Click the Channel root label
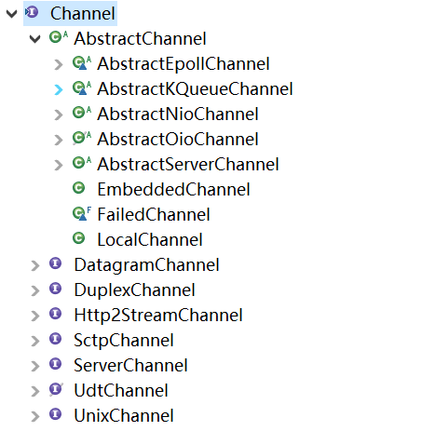pos(83,14)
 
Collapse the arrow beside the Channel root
pos(11,14)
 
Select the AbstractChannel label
pos(140,39)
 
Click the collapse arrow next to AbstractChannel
pos(34,39)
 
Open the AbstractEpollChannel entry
pos(184,64)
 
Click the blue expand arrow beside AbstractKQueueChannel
pos(59,89)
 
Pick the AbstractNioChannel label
pos(178,114)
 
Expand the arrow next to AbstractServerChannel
pos(59,165)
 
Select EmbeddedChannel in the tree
pos(173,190)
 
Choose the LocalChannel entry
pos(150,240)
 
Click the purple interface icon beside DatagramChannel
pos(56,263)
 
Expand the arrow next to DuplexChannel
pos(35,290)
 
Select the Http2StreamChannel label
pos(158,316)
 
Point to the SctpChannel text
pos(124,341)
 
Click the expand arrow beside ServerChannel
pos(35,366)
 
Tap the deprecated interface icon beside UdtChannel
pos(56,389)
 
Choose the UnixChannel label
pos(124,416)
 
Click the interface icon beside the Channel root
pos(32,12)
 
